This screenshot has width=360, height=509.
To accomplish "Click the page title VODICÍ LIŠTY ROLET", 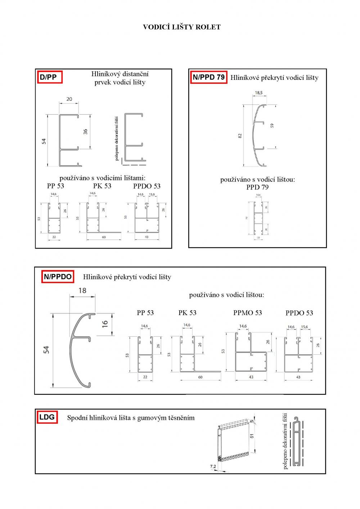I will [x=182, y=27].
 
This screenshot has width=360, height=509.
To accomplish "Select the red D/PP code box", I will [x=49, y=77].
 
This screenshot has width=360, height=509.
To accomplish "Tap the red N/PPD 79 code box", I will [x=209, y=77].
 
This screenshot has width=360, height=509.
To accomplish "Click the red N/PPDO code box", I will [x=58, y=277].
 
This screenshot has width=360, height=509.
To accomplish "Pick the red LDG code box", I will [x=47, y=417].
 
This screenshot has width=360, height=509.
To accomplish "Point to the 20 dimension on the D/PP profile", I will [x=69, y=99].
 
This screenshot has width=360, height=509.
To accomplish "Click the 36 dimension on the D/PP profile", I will [x=85, y=132].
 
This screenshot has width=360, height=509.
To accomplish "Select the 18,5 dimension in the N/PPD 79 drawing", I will [x=259, y=93].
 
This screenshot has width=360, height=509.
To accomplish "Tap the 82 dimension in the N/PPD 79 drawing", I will [x=240, y=136].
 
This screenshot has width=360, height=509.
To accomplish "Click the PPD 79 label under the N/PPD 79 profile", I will [x=257, y=187].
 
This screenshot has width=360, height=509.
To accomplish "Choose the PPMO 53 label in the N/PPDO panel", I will [x=248, y=313].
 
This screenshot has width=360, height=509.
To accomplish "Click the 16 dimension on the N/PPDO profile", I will [x=105, y=324].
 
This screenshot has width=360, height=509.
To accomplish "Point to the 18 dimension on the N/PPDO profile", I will [x=82, y=290].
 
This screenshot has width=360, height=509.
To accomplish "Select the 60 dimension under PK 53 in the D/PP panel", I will [x=104, y=237].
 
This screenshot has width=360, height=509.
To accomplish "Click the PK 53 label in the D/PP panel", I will [x=102, y=186].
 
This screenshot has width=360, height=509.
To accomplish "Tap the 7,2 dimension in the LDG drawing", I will [x=213, y=467].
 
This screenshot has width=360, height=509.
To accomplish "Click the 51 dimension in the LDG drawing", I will [x=252, y=436].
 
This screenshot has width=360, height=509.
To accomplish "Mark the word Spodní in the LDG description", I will [x=77, y=418].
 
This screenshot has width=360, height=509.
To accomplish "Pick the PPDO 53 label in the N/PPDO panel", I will [x=299, y=313].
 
